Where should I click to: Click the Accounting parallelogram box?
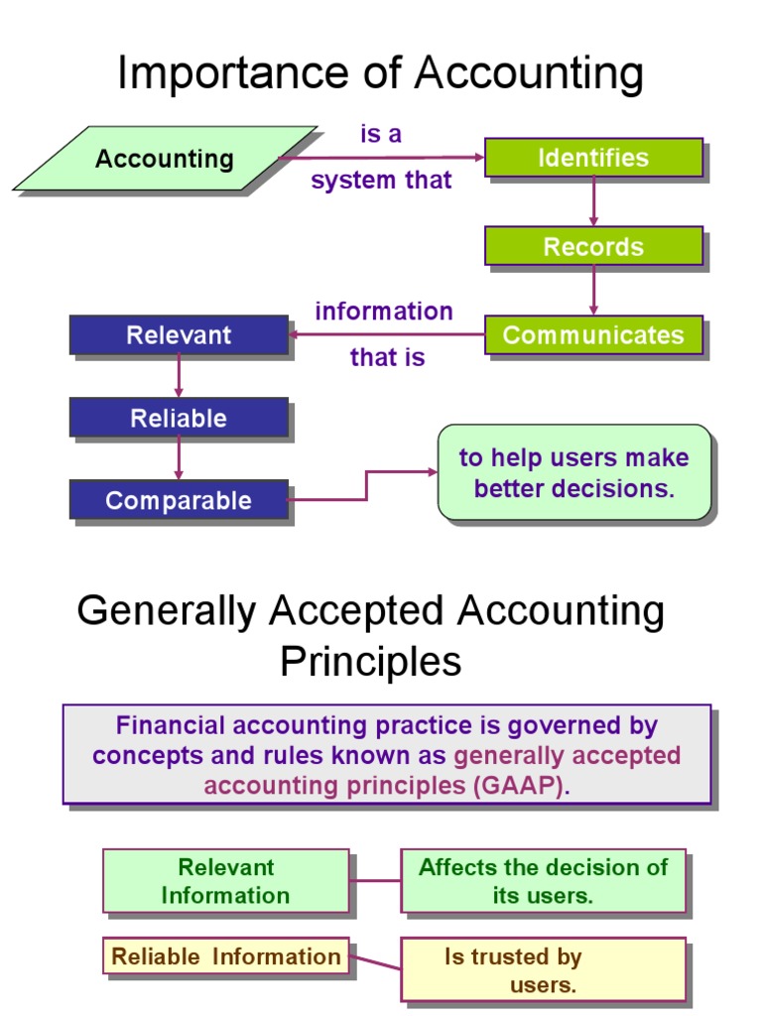coord(165,158)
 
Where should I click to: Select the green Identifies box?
coord(593,158)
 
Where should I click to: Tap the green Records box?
coord(593,246)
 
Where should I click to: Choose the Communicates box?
coord(593,335)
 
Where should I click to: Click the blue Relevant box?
coord(179,335)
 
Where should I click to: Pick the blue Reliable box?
coord(179,418)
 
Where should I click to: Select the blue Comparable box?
coord(179,500)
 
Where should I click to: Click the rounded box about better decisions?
coord(574,472)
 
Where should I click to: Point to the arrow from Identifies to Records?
coord(593,202)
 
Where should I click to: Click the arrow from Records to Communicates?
coord(593,291)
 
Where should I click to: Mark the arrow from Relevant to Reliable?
coord(179,376)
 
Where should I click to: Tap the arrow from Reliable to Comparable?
coord(179,458)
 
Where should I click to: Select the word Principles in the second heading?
coord(370,661)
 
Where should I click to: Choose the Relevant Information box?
coord(226,881)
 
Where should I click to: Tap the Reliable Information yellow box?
coord(226,956)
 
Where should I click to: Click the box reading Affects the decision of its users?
coord(544,881)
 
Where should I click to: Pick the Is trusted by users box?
coord(544,970)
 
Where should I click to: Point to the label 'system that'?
coord(381,181)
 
